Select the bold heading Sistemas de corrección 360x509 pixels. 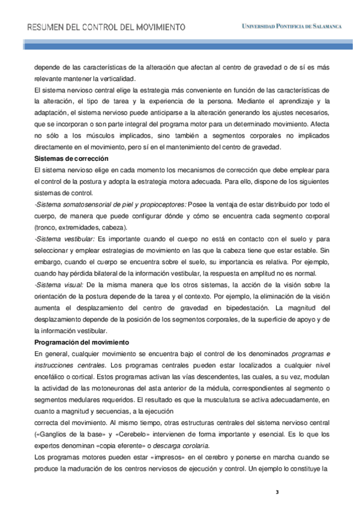(x=71, y=158)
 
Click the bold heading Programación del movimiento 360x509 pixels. (x=80, y=342)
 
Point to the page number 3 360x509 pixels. (x=277, y=492)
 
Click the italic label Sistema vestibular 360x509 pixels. (x=62, y=239)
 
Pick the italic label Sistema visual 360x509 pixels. (x=58, y=284)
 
